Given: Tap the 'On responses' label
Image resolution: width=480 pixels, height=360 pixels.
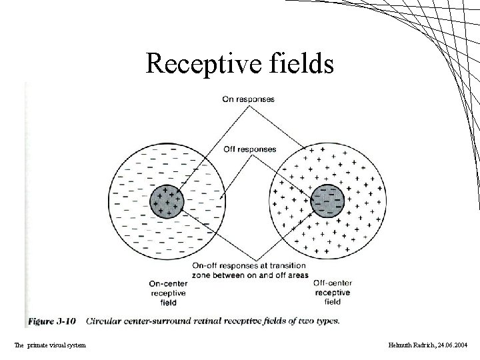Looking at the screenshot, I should pos(249,100).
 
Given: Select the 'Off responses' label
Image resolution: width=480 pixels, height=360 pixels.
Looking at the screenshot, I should pos(249,149).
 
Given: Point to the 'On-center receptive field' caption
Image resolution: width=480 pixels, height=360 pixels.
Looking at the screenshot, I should pos(168,293).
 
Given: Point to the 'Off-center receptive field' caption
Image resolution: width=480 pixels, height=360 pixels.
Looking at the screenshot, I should pos(332,293).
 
